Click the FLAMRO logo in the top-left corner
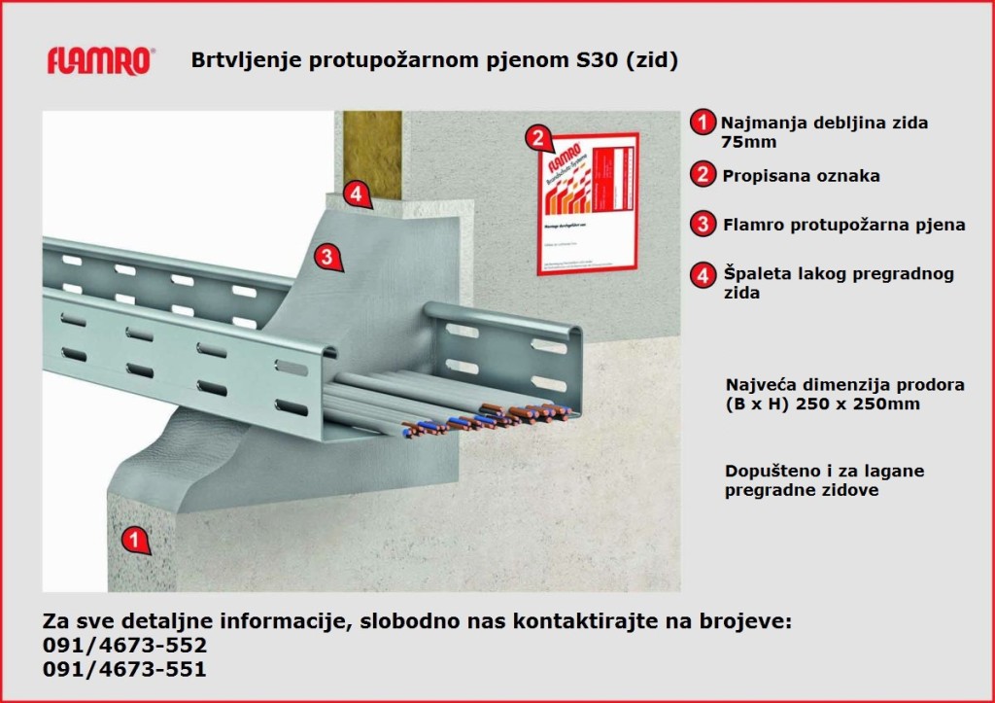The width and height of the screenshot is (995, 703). click(100, 61)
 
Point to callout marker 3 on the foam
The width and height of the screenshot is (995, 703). click(327, 258)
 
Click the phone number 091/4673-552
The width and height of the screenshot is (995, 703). click(125, 645)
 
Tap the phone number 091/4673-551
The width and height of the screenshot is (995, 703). click(125, 669)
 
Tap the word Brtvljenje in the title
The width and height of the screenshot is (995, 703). click(241, 60)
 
